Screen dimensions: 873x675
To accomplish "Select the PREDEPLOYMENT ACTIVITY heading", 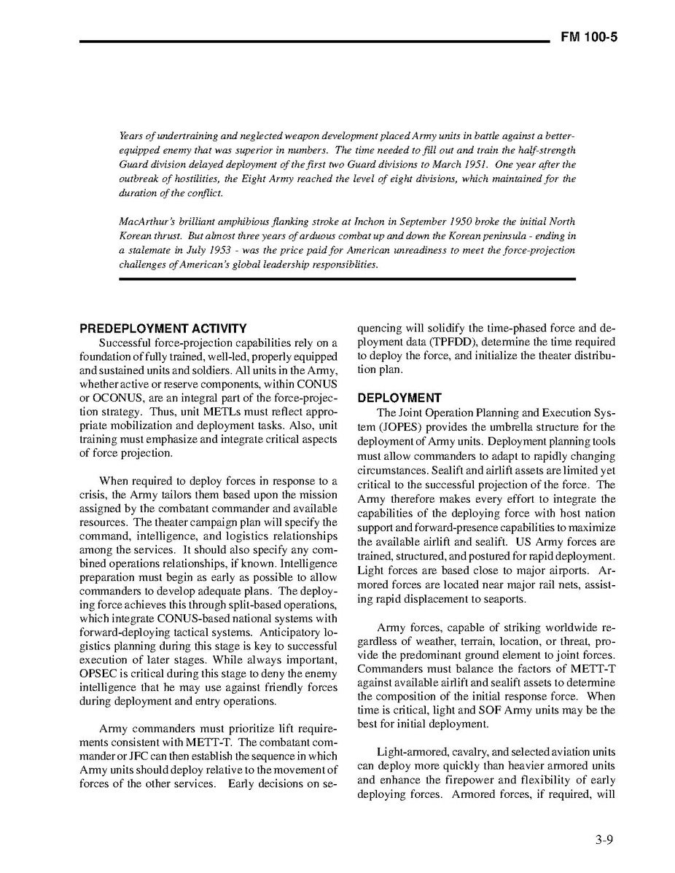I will pos(163,329).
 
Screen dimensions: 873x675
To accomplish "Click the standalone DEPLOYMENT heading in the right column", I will pos(399,399).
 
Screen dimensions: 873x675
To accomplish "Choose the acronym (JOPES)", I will pos(380,427).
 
